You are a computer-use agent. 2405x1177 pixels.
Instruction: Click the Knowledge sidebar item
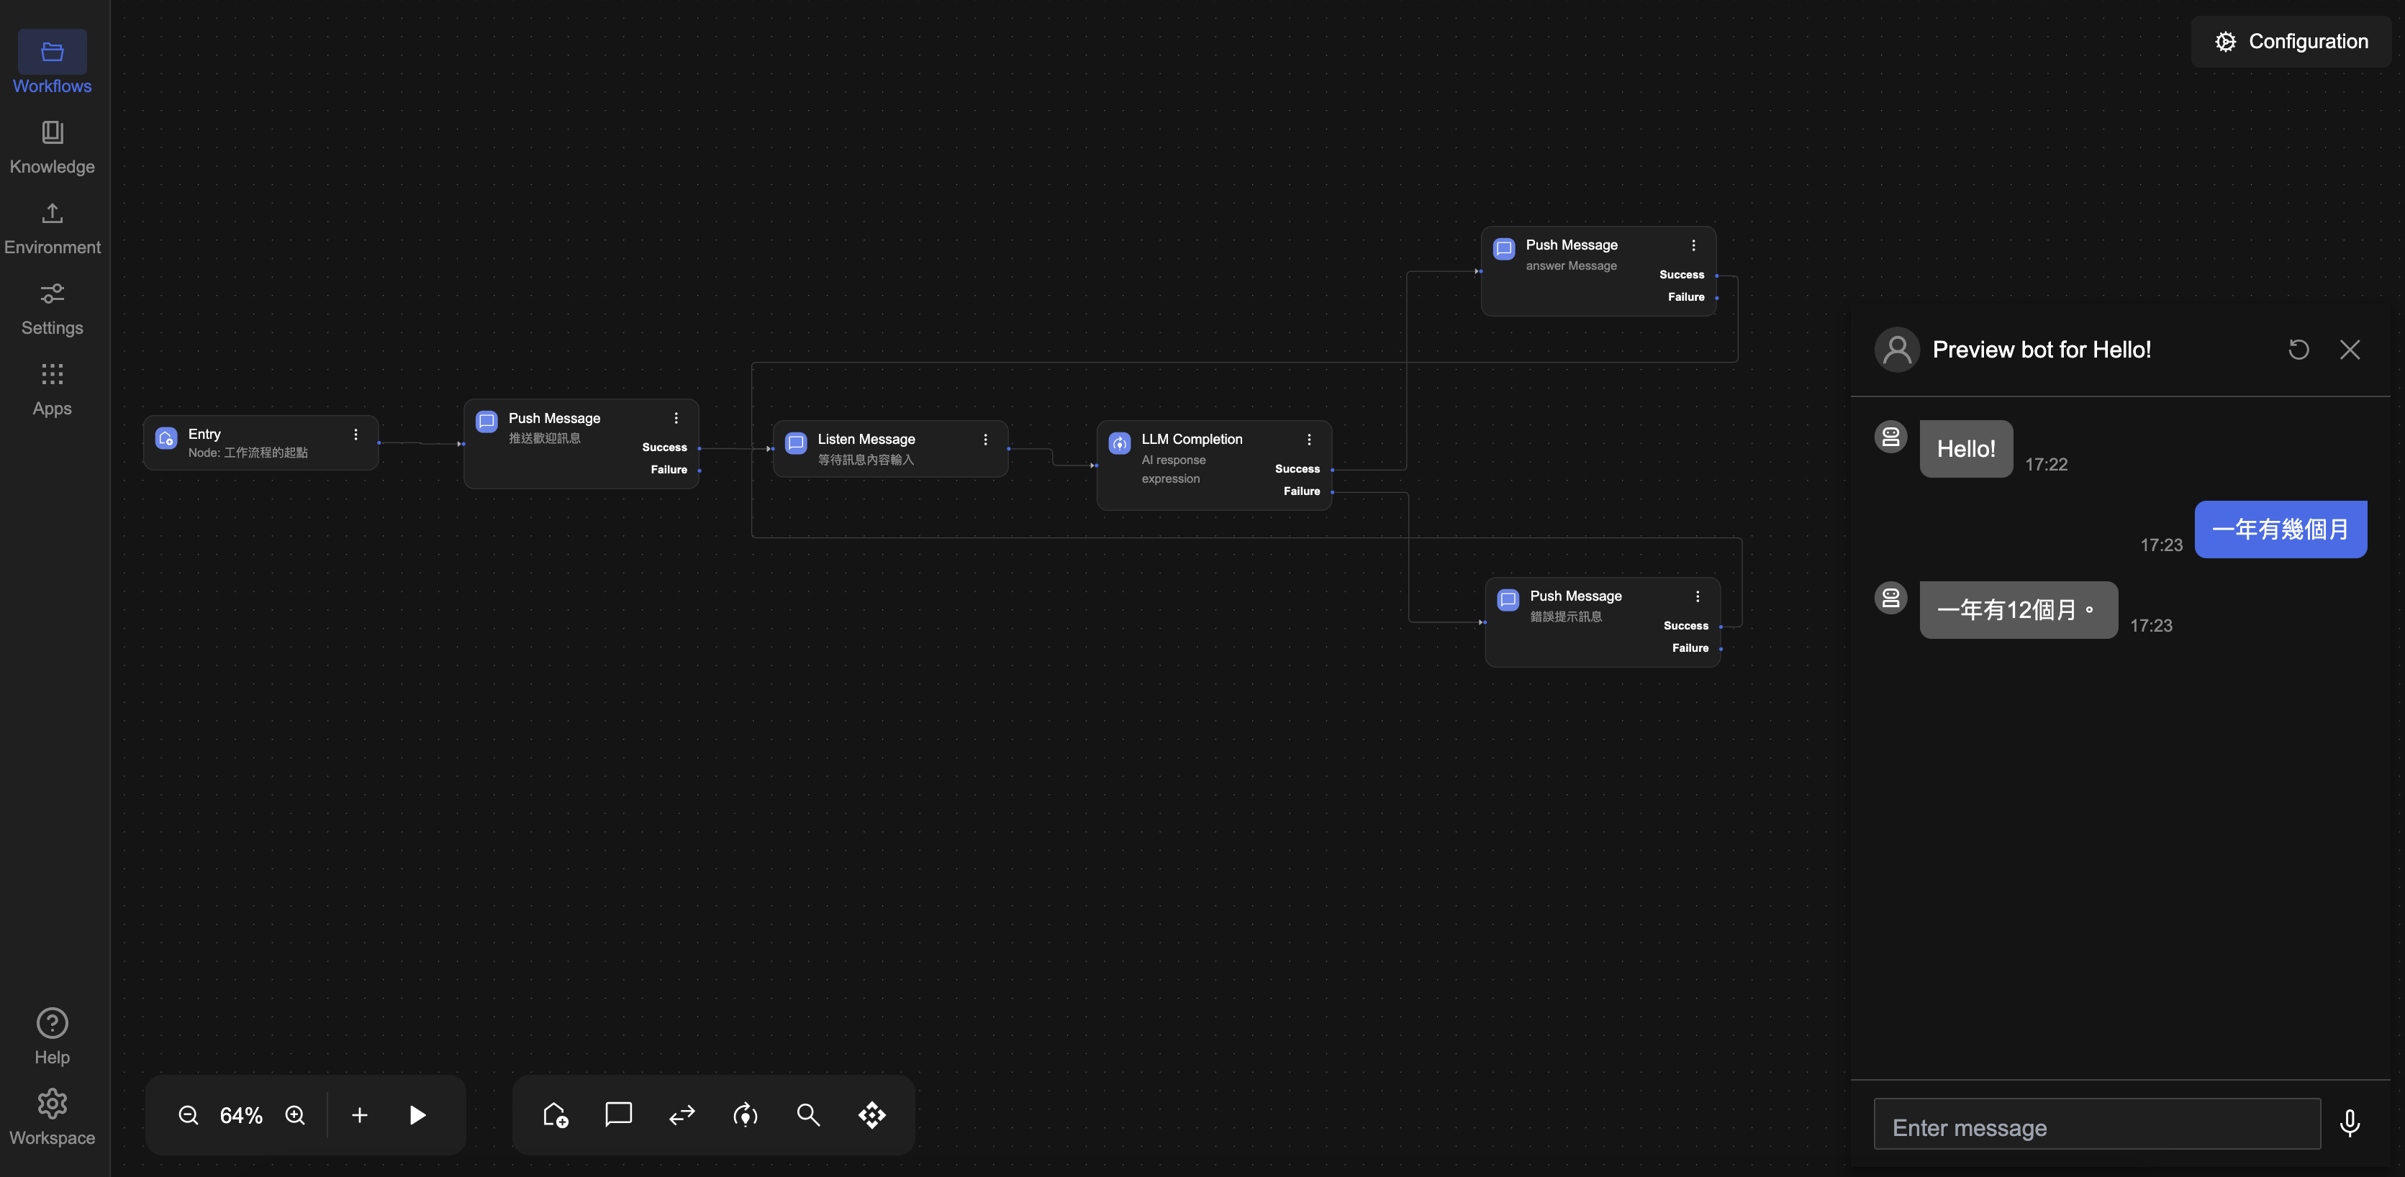(x=53, y=147)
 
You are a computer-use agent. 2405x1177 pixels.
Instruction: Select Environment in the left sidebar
(x=53, y=228)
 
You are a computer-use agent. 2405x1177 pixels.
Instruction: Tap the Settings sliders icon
(x=53, y=295)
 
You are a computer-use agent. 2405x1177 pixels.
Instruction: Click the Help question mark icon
(x=53, y=1023)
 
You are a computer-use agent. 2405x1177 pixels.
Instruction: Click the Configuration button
(x=2291, y=41)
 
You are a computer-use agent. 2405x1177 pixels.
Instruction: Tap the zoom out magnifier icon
(x=189, y=1115)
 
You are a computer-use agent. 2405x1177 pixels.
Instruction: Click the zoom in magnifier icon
(x=295, y=1115)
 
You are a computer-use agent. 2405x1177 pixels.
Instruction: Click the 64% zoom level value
(x=241, y=1115)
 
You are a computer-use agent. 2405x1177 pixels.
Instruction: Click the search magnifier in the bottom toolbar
(x=809, y=1114)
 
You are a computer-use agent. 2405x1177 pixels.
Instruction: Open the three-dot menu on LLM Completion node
(x=1309, y=440)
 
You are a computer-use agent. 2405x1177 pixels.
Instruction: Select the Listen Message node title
(x=866, y=439)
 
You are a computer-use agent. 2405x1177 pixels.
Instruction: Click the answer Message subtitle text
(x=1571, y=266)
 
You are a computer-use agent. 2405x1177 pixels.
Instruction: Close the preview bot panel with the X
(x=2350, y=350)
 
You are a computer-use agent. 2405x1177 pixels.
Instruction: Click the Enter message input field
(x=2096, y=1127)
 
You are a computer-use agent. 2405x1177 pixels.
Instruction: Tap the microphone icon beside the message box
(x=2350, y=1123)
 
